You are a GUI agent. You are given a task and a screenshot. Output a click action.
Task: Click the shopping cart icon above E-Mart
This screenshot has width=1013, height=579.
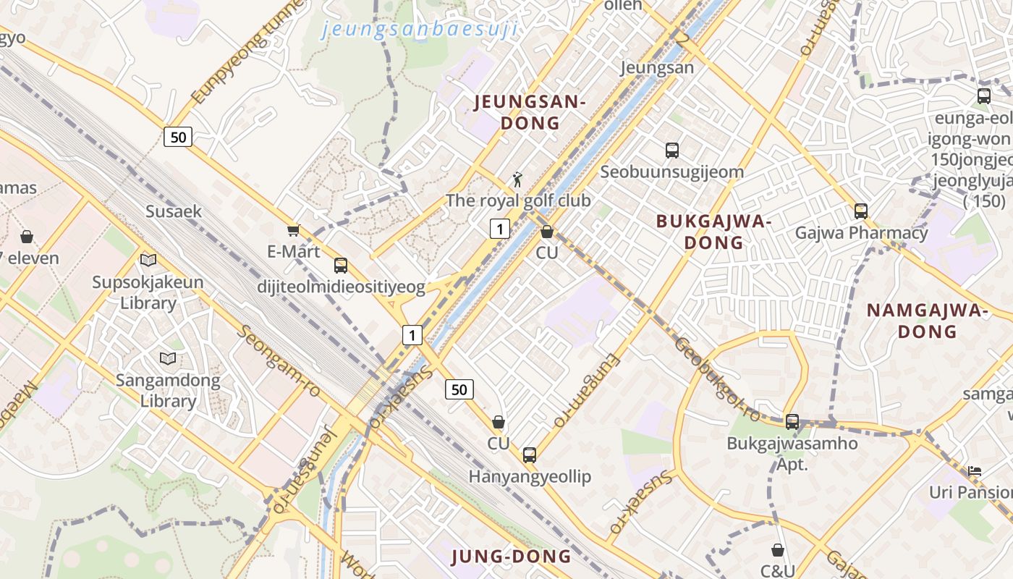point(293,231)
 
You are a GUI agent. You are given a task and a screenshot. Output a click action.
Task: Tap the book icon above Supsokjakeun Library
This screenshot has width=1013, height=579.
point(148,260)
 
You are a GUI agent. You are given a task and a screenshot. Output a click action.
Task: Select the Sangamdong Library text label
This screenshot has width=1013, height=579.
point(168,390)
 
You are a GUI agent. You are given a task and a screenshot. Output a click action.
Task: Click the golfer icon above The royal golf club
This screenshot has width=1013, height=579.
point(517,179)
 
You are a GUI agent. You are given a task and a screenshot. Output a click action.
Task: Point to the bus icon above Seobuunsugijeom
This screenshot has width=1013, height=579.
point(672,151)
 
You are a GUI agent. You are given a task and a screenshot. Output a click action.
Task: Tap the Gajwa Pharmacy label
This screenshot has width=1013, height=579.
point(861,233)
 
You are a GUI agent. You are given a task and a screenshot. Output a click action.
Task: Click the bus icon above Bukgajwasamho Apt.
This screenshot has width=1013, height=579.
point(792,422)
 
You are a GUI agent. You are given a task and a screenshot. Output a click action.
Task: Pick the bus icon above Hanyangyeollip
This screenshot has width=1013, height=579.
point(530,455)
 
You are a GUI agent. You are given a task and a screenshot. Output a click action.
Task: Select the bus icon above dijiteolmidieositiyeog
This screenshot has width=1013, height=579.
point(341,266)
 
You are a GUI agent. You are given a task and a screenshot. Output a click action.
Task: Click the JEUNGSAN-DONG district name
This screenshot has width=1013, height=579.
point(530,112)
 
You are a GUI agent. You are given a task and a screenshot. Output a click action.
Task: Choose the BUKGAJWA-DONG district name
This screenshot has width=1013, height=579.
point(713,232)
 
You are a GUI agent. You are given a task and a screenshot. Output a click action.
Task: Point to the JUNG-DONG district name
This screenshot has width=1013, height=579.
point(512,557)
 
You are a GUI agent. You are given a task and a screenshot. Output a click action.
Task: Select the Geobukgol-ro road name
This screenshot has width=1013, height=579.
point(717,378)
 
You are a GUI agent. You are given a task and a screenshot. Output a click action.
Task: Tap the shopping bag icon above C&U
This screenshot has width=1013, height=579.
point(778,551)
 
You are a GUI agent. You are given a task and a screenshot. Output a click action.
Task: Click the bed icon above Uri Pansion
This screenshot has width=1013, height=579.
point(975,471)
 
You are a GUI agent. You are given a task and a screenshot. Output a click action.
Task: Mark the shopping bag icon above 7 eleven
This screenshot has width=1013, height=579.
point(27,237)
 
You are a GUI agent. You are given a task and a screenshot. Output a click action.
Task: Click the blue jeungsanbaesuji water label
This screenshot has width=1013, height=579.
point(420,30)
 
